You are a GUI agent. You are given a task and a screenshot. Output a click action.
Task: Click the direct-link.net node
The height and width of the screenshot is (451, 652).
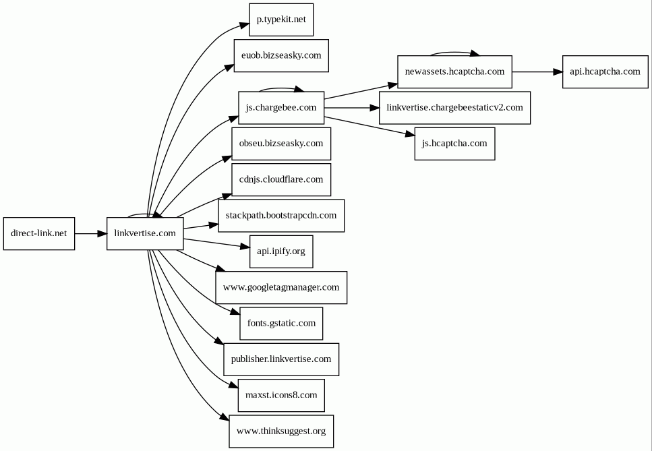click(x=39, y=234)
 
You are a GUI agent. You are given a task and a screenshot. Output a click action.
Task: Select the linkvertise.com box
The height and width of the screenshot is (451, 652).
click(x=145, y=234)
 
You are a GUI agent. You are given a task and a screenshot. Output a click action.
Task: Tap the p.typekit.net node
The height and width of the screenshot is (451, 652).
click(x=281, y=20)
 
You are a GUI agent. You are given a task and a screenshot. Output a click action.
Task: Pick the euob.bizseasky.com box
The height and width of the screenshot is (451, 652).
click(x=281, y=56)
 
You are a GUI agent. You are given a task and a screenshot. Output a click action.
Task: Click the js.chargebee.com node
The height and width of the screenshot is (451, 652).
click(x=281, y=108)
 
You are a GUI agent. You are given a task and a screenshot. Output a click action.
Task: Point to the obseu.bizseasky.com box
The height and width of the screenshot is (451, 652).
click(x=281, y=144)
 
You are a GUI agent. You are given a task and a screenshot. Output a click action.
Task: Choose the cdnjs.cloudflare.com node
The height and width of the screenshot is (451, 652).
click(x=281, y=179)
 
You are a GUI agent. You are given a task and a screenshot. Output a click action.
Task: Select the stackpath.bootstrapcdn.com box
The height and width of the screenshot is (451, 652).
click(x=281, y=216)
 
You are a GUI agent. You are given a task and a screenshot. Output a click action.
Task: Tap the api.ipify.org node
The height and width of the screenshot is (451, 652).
click(x=281, y=251)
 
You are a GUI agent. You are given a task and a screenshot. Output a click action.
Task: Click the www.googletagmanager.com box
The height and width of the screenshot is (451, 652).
click(x=281, y=288)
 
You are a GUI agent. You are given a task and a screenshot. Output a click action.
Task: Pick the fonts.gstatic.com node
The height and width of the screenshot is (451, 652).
click(x=281, y=324)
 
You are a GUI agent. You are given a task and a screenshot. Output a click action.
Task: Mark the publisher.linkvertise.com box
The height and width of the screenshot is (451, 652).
click(x=281, y=359)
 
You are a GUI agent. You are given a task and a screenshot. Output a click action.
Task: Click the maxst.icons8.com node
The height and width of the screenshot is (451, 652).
click(x=281, y=395)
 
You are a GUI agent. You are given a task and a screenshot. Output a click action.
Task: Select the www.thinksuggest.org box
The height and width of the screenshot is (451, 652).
click(x=281, y=431)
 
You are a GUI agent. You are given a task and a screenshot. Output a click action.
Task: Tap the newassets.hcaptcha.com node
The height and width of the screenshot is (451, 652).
click(x=454, y=72)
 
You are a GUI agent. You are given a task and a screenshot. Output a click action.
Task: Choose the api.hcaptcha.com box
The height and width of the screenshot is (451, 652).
click(x=605, y=72)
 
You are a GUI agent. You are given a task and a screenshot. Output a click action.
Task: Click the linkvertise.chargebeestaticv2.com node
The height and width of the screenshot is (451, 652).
click(x=454, y=108)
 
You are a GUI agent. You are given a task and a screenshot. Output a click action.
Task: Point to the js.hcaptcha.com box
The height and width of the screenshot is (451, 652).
click(x=454, y=144)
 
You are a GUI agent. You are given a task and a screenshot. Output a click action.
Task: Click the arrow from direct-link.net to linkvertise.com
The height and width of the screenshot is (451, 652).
click(x=90, y=234)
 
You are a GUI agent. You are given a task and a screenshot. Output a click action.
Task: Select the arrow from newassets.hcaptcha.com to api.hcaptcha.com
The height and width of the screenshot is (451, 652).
click(x=537, y=72)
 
